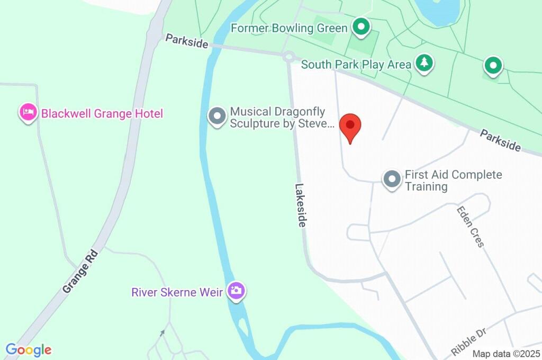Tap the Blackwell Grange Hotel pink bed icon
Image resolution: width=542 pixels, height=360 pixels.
pyautogui.click(x=28, y=112)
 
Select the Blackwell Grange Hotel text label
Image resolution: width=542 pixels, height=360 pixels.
pyautogui.click(x=102, y=113)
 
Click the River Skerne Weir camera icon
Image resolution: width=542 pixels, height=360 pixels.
pyautogui.click(x=236, y=290)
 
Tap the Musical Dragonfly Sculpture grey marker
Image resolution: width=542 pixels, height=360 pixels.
pyautogui.click(x=216, y=116)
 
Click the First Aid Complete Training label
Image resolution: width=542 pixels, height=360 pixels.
pyautogui.click(x=453, y=180)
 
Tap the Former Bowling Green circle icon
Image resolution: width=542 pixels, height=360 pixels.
pyautogui.click(x=361, y=26)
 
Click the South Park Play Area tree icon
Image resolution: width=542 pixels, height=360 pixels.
pyautogui.click(x=423, y=62)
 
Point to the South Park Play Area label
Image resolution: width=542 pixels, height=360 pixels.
pyautogui.click(x=356, y=65)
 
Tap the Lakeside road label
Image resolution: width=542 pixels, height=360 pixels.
pyautogui.click(x=301, y=205)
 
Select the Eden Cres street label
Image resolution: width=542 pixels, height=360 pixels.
pyautogui.click(x=470, y=227)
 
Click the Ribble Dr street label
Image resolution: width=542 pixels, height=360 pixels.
pyautogui.click(x=469, y=341)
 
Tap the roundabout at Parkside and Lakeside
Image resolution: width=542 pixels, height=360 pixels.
pyautogui.click(x=288, y=56)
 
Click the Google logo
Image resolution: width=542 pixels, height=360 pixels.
pyautogui.click(x=29, y=349)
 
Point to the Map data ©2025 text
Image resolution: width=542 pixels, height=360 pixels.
pyautogui.click(x=506, y=354)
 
